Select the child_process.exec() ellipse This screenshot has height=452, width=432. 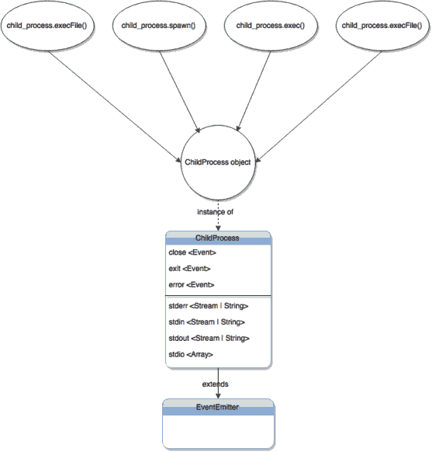pos(271,26)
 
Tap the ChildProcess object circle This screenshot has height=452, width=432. pos(218,162)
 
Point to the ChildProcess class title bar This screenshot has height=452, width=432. pos(218,238)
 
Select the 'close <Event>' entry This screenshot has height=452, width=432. pos(192,252)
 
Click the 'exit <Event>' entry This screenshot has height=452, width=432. pos(188,269)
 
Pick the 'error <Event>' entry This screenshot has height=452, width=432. pos(191,285)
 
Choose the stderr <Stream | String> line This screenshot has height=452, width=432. pos(208,306)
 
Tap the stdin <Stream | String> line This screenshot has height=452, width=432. pos(206,322)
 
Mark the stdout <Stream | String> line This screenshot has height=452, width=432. pos(208,338)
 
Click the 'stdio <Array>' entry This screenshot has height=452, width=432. pos(191,354)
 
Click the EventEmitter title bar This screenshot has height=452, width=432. pos(218,406)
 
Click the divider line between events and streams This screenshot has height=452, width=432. pos(218,296)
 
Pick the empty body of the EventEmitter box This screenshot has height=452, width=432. pos(218,431)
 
